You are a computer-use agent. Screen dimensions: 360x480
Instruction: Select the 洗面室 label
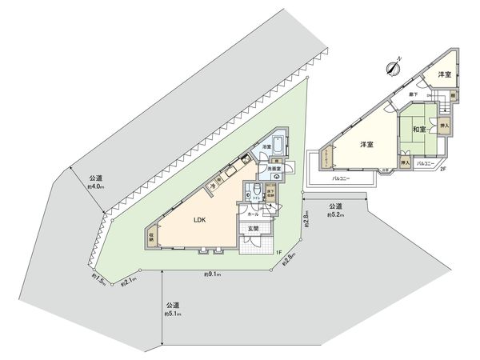tap(273, 170)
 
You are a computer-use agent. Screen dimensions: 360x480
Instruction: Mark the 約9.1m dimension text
tap(211, 275)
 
